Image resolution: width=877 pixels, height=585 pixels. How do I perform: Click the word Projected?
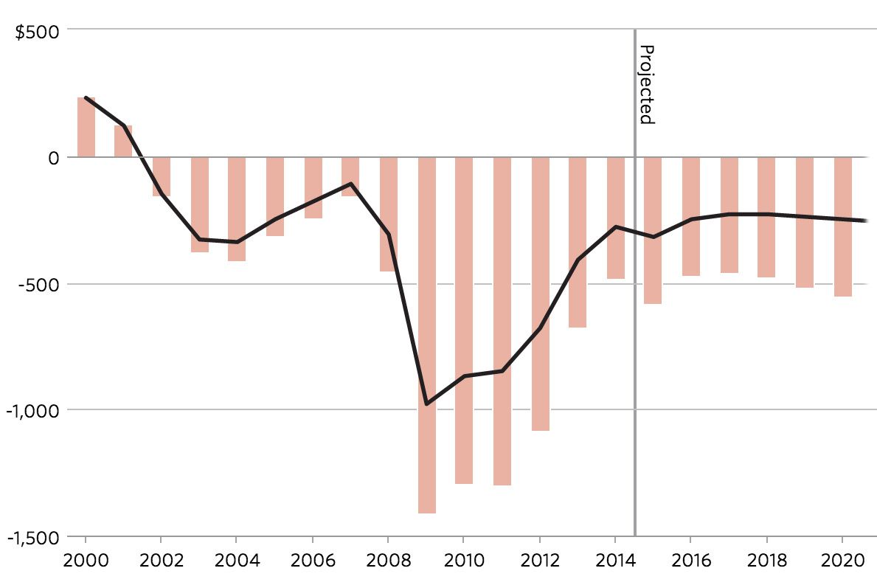(x=646, y=84)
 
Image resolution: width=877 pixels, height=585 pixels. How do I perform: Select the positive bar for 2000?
(x=86, y=127)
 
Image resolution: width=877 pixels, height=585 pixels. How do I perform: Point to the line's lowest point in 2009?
(x=426, y=404)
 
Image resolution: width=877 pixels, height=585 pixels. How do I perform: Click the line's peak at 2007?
(x=350, y=184)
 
